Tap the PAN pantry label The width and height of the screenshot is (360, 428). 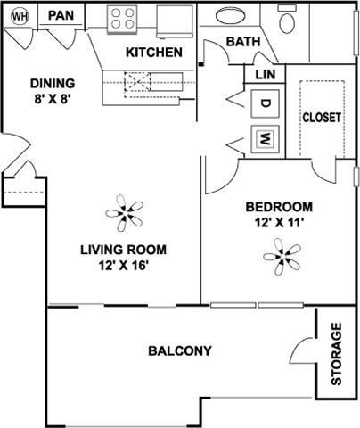coord(61,15)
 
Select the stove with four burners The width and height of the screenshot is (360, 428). coord(123,18)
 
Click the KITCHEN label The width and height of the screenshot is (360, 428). coord(153,53)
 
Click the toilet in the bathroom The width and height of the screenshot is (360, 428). coord(288,20)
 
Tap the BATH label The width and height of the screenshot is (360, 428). coord(241,42)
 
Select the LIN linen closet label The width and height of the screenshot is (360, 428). coord(265,76)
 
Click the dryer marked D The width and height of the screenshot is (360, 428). coord(265,103)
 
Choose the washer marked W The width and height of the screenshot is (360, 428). coord(265,138)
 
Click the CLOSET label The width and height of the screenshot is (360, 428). coord(322,118)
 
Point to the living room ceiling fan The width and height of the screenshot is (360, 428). coord(124,213)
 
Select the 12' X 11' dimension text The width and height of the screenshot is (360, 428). coord(280,223)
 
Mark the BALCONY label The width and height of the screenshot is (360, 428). coord(180,350)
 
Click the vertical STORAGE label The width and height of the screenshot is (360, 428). coord(337,353)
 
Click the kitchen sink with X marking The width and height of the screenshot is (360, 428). coord(138,82)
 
